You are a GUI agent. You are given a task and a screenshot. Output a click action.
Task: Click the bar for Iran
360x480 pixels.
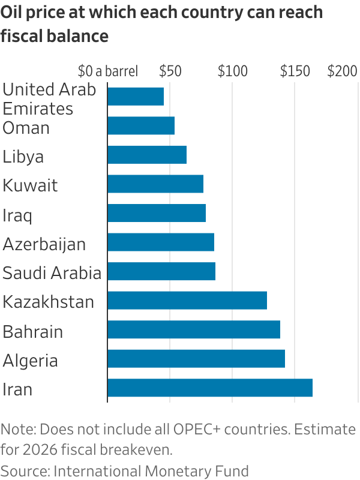(210, 388)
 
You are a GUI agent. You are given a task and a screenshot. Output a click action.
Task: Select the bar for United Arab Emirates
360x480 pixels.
(136, 97)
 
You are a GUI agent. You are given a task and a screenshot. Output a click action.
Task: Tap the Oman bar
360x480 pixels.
(141, 126)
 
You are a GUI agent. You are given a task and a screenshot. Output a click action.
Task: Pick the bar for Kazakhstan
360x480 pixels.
(187, 301)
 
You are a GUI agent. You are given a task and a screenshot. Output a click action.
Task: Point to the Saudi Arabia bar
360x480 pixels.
(161, 272)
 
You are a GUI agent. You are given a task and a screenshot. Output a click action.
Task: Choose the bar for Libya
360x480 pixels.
(147, 155)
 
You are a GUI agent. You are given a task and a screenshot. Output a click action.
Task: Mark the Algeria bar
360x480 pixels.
(196, 359)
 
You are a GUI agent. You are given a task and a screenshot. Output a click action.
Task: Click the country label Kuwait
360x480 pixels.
(31, 185)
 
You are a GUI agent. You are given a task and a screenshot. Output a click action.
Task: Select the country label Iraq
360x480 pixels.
(17, 215)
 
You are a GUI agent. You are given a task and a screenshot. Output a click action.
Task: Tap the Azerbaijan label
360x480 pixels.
(44, 244)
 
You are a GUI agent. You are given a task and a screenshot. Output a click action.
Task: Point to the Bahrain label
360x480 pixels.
(33, 331)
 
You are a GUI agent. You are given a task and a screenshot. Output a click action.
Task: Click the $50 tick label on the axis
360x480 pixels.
(170, 71)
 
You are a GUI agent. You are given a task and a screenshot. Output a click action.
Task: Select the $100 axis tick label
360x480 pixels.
(233, 71)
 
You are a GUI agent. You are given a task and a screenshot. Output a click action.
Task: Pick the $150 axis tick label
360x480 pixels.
(295, 71)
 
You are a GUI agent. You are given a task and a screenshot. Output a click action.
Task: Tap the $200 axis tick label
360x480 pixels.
(343, 71)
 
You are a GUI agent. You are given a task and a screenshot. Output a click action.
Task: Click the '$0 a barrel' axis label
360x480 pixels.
(108, 71)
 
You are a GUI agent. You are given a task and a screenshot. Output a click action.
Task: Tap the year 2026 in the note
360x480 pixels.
(40, 449)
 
